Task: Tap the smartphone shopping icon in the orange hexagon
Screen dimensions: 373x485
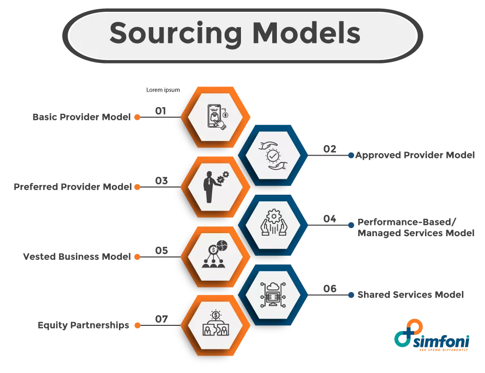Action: coord(216,117)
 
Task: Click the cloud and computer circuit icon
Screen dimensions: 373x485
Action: coord(273,295)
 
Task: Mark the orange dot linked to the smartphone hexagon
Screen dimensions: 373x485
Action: coord(137,117)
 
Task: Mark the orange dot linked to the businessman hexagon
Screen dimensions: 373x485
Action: coord(137,188)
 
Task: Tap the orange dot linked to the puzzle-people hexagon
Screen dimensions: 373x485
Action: coord(137,325)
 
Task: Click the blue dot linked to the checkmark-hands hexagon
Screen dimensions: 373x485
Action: coord(351,155)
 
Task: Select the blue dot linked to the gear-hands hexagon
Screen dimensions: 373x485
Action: coord(351,224)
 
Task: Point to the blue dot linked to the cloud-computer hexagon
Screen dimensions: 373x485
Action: coord(351,295)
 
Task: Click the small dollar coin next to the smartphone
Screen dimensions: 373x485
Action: coord(225,115)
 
